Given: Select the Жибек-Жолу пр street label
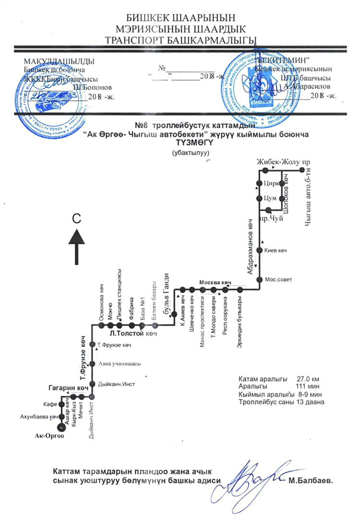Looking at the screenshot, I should pyautogui.click(x=278, y=161).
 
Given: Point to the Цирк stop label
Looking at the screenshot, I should pyautogui.click(x=271, y=183).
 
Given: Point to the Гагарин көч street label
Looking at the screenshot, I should pyautogui.click(x=69, y=387).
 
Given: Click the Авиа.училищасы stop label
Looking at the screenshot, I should pyautogui.click(x=119, y=364).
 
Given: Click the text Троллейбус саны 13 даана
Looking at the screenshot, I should pyautogui.click(x=282, y=401).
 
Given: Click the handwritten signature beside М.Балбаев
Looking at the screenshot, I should pyautogui.click(x=259, y=475).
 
